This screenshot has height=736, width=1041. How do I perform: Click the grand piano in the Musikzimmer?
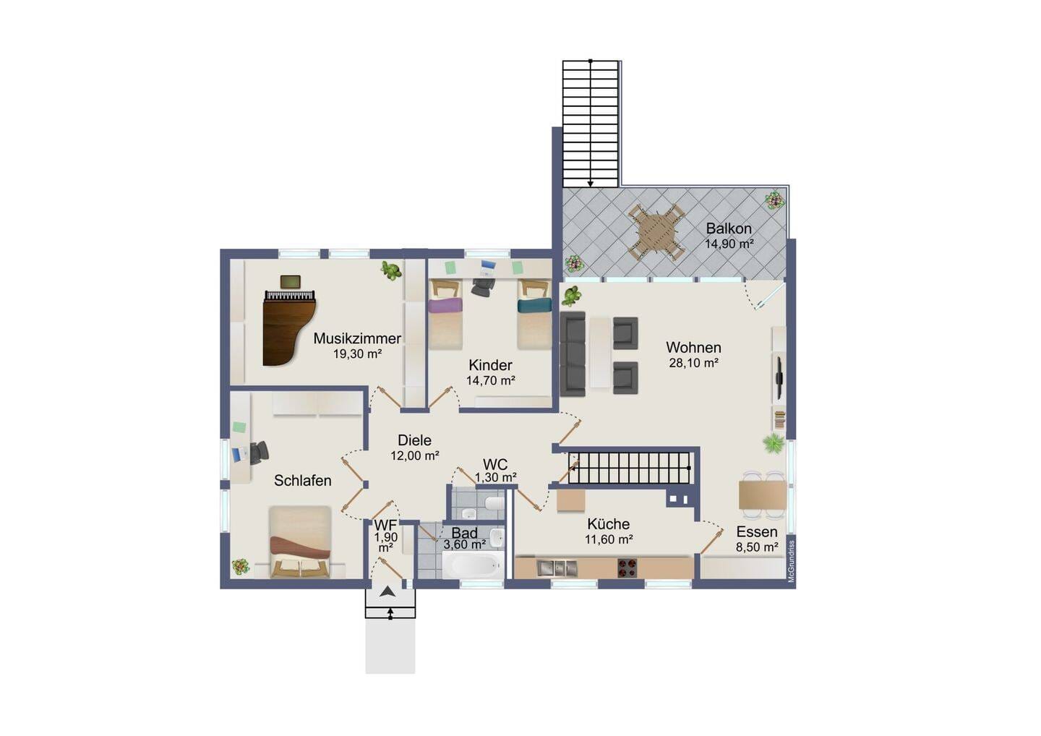(x=289, y=328)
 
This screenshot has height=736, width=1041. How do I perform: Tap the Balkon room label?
(x=728, y=228)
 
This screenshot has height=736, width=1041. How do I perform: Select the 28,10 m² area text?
(x=693, y=363)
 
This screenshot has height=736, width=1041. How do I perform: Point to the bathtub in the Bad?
(x=471, y=565)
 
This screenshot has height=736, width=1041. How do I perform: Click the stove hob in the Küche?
(x=627, y=568)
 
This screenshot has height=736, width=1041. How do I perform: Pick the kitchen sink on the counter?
(x=557, y=568)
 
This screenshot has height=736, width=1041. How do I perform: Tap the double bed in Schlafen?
(x=300, y=542)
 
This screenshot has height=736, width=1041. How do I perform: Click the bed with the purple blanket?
(x=445, y=314)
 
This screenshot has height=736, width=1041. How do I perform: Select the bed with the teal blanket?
(x=534, y=314)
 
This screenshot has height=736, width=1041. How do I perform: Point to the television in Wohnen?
(x=779, y=371)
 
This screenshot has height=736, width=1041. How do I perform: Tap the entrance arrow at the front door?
(x=387, y=592)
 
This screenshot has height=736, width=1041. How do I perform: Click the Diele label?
(x=414, y=440)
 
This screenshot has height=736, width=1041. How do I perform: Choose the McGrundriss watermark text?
(x=791, y=561)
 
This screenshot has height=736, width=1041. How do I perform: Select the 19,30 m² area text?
(x=357, y=354)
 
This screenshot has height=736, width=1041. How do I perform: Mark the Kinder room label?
(x=490, y=365)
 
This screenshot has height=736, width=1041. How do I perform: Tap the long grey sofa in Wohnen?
(x=573, y=354)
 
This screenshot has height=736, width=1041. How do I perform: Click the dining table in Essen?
(x=763, y=495)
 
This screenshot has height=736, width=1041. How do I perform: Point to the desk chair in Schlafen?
(x=260, y=453)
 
